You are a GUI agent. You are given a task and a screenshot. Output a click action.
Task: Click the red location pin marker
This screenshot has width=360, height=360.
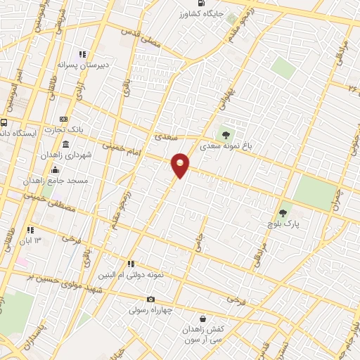181,165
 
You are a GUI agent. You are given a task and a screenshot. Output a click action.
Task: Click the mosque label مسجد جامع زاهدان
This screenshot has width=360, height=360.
56,181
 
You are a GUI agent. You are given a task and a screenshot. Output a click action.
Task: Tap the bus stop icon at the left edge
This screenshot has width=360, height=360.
4,123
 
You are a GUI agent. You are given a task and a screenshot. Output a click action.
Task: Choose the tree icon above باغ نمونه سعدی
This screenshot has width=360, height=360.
226,135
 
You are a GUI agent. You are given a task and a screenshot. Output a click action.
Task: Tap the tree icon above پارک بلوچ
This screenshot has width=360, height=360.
283,210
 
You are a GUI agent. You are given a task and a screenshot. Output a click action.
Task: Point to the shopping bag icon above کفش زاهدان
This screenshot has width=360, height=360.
202,318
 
